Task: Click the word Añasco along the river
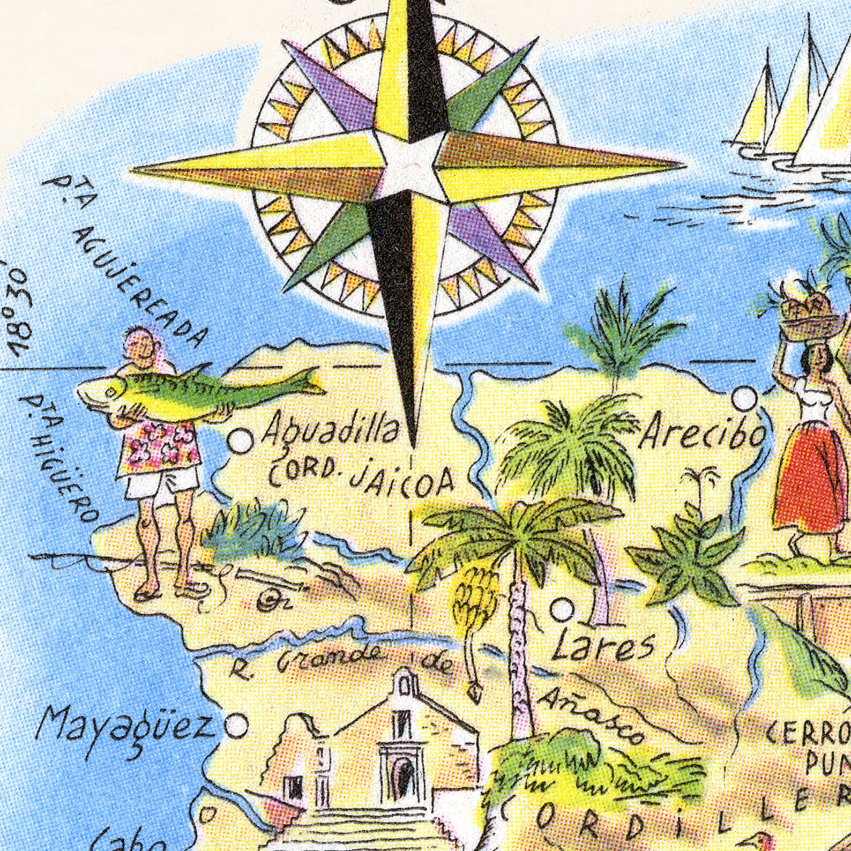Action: (x=589, y=715)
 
